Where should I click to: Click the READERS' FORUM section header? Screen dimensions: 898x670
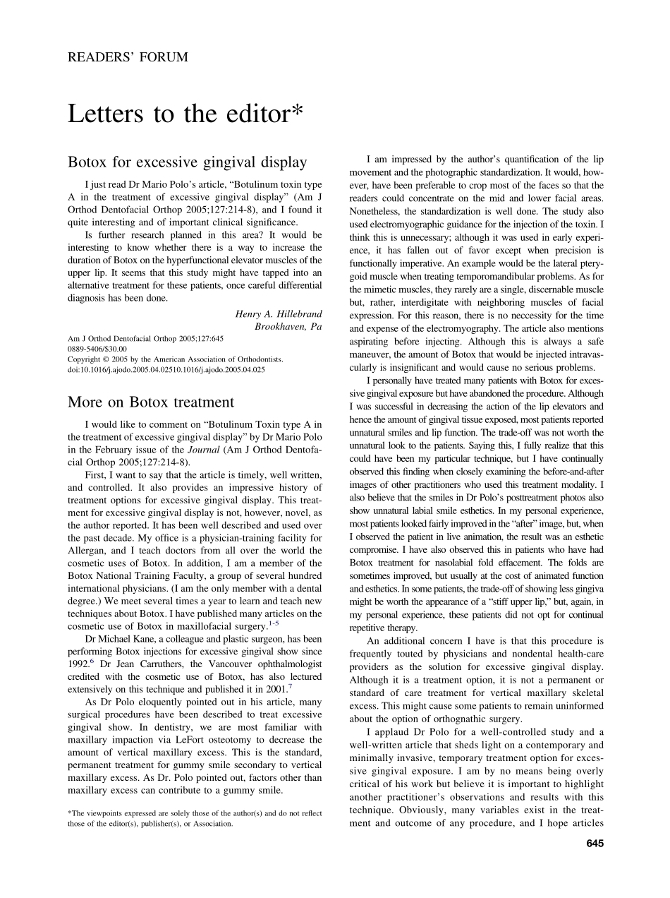(x=128, y=58)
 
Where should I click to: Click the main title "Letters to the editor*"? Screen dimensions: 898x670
(x=185, y=113)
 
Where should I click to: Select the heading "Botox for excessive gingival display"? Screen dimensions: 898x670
(x=187, y=162)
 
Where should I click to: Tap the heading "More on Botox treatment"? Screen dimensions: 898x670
(x=150, y=402)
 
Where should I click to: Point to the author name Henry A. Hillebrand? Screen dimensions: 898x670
(x=278, y=313)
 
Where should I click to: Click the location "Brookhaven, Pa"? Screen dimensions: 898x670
(x=288, y=326)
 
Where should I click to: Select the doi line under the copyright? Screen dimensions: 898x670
(x=166, y=369)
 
